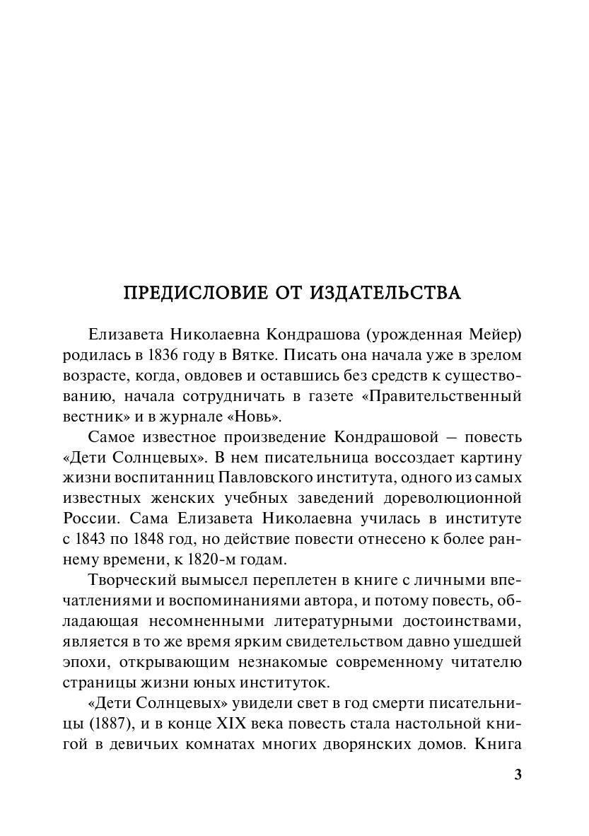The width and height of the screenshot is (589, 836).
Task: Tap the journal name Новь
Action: click(248, 416)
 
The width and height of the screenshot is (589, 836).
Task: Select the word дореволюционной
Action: click(456, 499)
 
